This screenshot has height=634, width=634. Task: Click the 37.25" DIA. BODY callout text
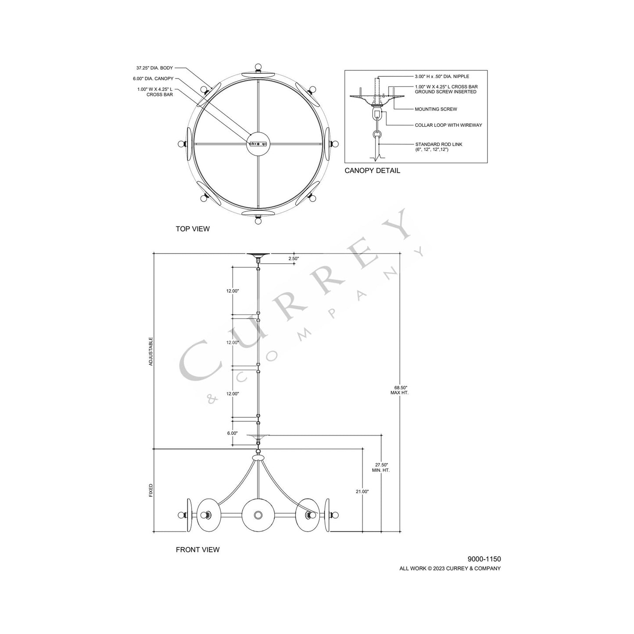pos(154,68)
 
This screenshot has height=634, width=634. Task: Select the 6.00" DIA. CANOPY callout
pos(154,79)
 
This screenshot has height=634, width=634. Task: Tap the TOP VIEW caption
pos(193,229)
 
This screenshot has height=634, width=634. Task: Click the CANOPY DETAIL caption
pos(372,171)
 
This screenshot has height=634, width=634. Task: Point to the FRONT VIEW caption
pos(197,550)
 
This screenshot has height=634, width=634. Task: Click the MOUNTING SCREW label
pos(436,109)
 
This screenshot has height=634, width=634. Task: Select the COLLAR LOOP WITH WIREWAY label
pos(448,125)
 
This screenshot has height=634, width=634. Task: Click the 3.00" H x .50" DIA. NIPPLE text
pos(441,77)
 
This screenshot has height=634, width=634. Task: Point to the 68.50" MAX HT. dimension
pos(399,390)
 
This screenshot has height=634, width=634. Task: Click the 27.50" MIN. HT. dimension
pos(381,467)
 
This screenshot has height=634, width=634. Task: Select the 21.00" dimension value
pos(362,492)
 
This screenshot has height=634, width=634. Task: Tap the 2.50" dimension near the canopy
pos(294,259)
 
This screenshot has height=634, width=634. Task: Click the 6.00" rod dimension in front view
pos(232,433)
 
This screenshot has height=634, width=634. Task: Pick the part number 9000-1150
pos(484,559)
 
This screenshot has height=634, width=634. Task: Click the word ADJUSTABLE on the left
pos(151,351)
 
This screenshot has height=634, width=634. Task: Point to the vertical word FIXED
pos(151,491)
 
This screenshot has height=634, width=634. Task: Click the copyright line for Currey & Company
pos(450,569)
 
